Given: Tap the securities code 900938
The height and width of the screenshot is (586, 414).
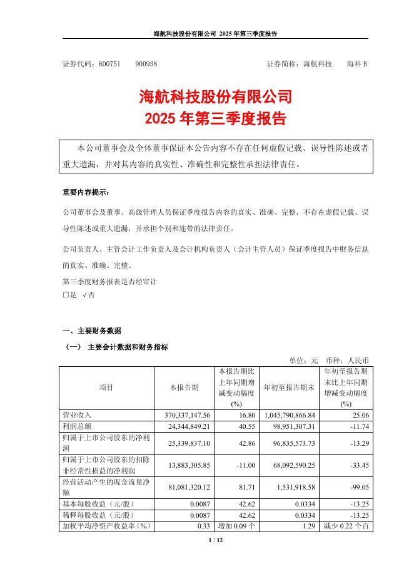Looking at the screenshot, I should [x=146, y=64].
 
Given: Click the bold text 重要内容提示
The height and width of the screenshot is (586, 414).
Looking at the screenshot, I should [x=85, y=192].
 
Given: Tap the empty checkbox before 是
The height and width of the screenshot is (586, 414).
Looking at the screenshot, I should [x=66, y=294].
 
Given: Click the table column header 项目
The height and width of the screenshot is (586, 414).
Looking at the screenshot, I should [x=106, y=388].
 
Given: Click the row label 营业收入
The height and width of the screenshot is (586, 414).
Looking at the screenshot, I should [x=77, y=415].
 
